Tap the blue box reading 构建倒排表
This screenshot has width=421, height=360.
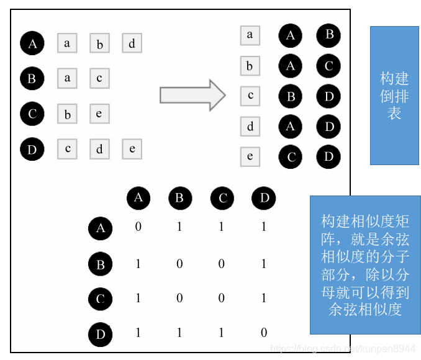[394, 95]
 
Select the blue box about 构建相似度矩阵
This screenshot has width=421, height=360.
[365, 265]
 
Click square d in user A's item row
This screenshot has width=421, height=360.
[132, 43]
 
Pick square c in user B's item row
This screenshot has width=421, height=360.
[99, 78]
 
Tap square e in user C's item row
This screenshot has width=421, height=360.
[99, 114]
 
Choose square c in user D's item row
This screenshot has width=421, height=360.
[67, 149]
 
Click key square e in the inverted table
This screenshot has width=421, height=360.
[250, 156]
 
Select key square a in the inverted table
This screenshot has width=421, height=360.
[250, 35]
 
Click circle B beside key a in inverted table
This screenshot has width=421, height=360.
[329, 35]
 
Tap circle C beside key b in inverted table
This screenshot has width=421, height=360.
[329, 65]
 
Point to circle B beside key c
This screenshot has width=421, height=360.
[291, 96]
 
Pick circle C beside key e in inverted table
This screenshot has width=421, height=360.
[291, 157]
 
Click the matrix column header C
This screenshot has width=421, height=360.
[222, 199]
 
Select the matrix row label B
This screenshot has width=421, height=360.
[101, 265]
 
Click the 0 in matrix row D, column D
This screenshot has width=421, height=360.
[264, 333]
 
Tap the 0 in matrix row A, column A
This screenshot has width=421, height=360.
[138, 227]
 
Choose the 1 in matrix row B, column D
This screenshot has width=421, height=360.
[264, 264]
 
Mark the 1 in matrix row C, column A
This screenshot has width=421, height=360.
[138, 299]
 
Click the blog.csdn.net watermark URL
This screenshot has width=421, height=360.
[343, 349]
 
